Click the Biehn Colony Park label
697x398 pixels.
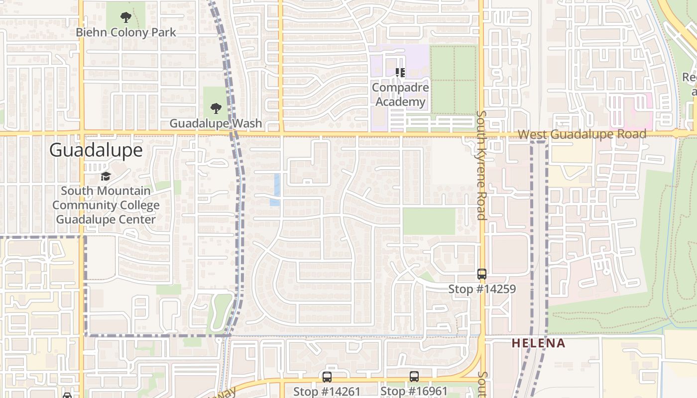125,33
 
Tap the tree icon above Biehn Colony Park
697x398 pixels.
125,18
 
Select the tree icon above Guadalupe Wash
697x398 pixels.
216,108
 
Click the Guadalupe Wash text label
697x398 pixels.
216,123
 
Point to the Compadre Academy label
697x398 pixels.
399,95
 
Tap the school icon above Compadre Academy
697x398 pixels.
400,73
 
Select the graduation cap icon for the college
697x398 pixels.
106,177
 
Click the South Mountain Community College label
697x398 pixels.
106,205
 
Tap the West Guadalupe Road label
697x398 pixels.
581,134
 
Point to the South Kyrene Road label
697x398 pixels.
481,164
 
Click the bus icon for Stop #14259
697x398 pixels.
481,274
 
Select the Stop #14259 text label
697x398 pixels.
481,289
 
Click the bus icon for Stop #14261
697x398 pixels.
327,377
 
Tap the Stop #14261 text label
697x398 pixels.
327,392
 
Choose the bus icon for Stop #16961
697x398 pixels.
414,377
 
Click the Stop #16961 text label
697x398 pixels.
414,392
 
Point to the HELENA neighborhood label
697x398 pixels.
538,343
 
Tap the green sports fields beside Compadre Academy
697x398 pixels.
454,80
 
